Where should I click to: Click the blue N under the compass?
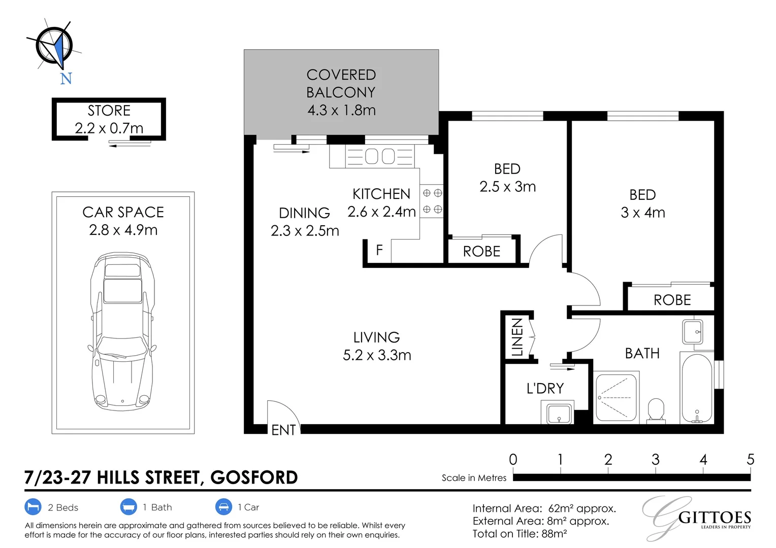66,79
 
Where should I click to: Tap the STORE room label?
109,111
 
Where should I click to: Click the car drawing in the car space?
122,331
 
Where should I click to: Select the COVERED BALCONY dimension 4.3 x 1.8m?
342,111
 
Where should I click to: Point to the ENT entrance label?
283,430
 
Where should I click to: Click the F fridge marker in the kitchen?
379,250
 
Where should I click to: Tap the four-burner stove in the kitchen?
432,201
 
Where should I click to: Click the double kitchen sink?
380,156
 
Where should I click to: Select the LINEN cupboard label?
517,337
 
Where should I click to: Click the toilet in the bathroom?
656,411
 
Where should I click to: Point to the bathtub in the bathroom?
697,388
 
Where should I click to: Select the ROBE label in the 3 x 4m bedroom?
672,300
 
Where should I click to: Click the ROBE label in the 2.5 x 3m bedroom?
481,252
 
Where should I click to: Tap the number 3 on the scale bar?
656,460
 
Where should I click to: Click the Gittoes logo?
697,518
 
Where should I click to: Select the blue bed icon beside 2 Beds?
33,507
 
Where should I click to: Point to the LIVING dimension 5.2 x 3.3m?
377,355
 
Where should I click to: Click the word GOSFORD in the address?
254,477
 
